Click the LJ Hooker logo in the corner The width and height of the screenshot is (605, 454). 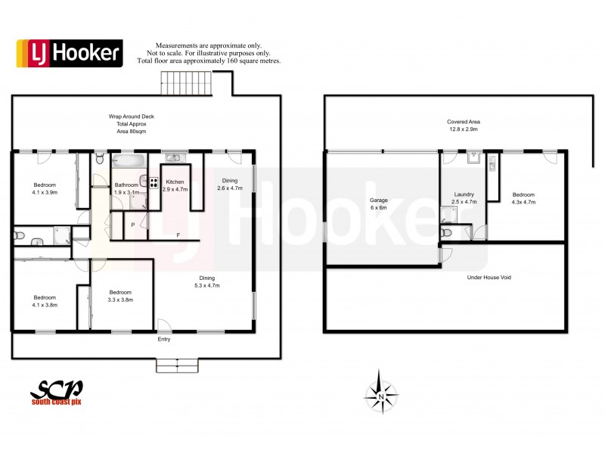[x=70, y=52]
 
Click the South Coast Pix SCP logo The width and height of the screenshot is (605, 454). [x=57, y=394]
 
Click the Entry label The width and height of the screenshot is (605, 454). [x=164, y=340]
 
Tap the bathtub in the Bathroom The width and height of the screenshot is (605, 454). [x=129, y=160]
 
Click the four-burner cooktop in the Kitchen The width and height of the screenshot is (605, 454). [x=154, y=182]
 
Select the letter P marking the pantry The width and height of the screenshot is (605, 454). [x=133, y=225]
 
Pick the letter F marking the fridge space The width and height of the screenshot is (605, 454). [x=178, y=235]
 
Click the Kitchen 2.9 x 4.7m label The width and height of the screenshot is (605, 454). [x=175, y=186]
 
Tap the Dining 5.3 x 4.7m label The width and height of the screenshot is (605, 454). [x=202, y=281]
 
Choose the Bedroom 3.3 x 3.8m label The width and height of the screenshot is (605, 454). [x=121, y=296]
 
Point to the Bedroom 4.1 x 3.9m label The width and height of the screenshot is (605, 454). [x=45, y=188]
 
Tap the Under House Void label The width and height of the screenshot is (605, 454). [x=490, y=278]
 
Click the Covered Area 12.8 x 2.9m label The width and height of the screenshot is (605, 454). [x=464, y=126]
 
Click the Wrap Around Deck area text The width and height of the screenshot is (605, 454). [x=126, y=124]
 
